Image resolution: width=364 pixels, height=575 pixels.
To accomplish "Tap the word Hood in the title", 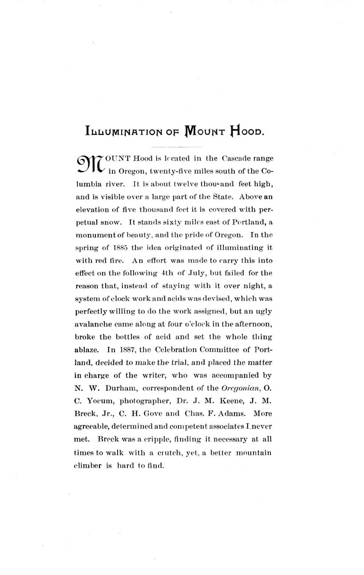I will pos(246,130).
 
